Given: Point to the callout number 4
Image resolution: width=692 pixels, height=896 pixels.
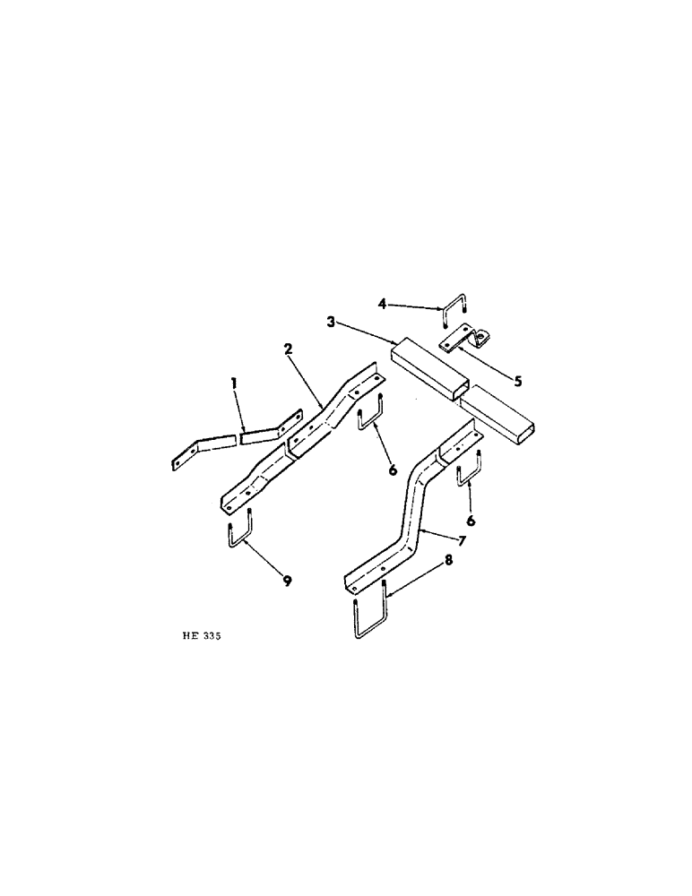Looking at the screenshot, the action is (382, 305).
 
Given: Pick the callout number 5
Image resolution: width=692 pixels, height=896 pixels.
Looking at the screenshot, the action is (517, 381).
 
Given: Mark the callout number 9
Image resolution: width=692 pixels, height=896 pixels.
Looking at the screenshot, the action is (288, 582).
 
